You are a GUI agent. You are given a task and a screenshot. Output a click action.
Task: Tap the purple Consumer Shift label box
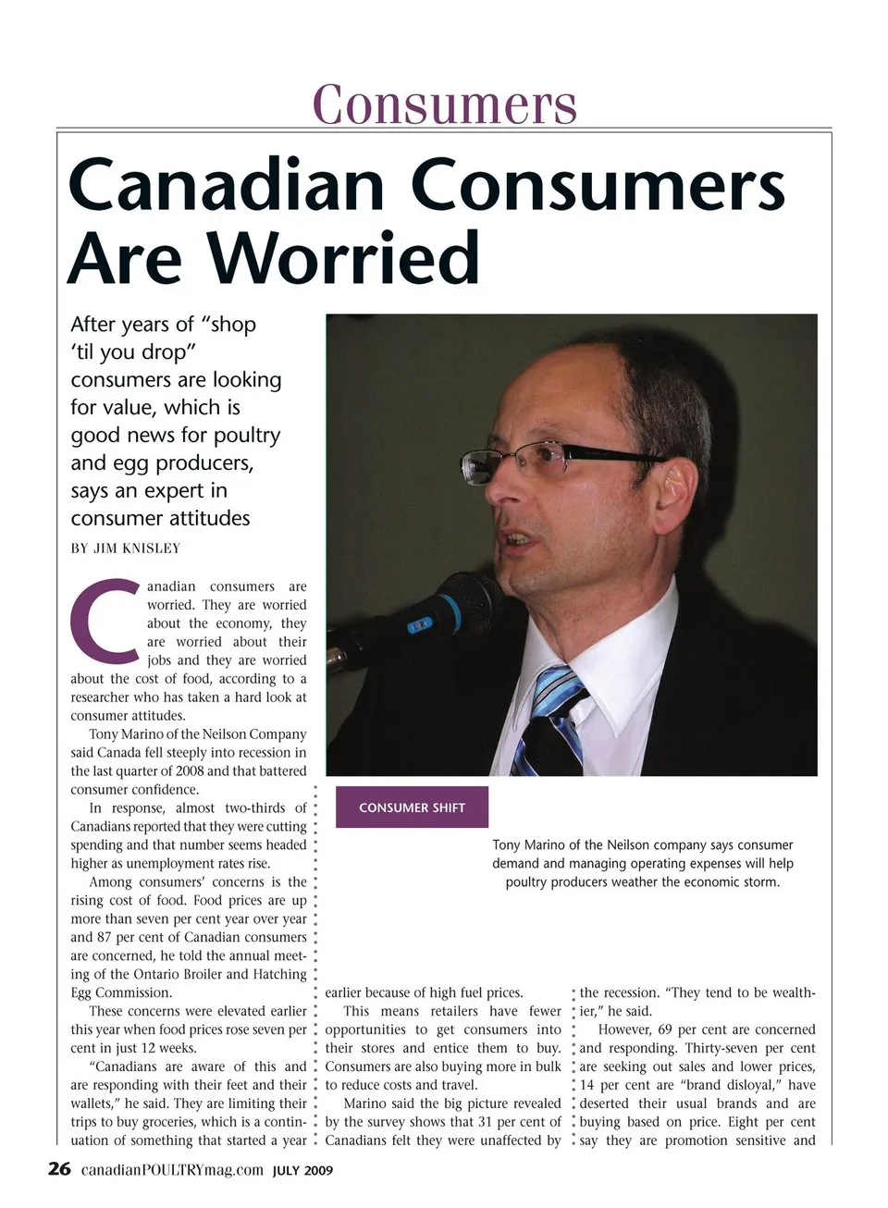412,807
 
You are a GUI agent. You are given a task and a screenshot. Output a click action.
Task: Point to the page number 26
59,1169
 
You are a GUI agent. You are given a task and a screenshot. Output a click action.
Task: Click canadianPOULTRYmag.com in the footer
173,1170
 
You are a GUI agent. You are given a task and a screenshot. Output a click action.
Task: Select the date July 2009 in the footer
302,1171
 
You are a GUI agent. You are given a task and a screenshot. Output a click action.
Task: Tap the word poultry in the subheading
243,436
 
